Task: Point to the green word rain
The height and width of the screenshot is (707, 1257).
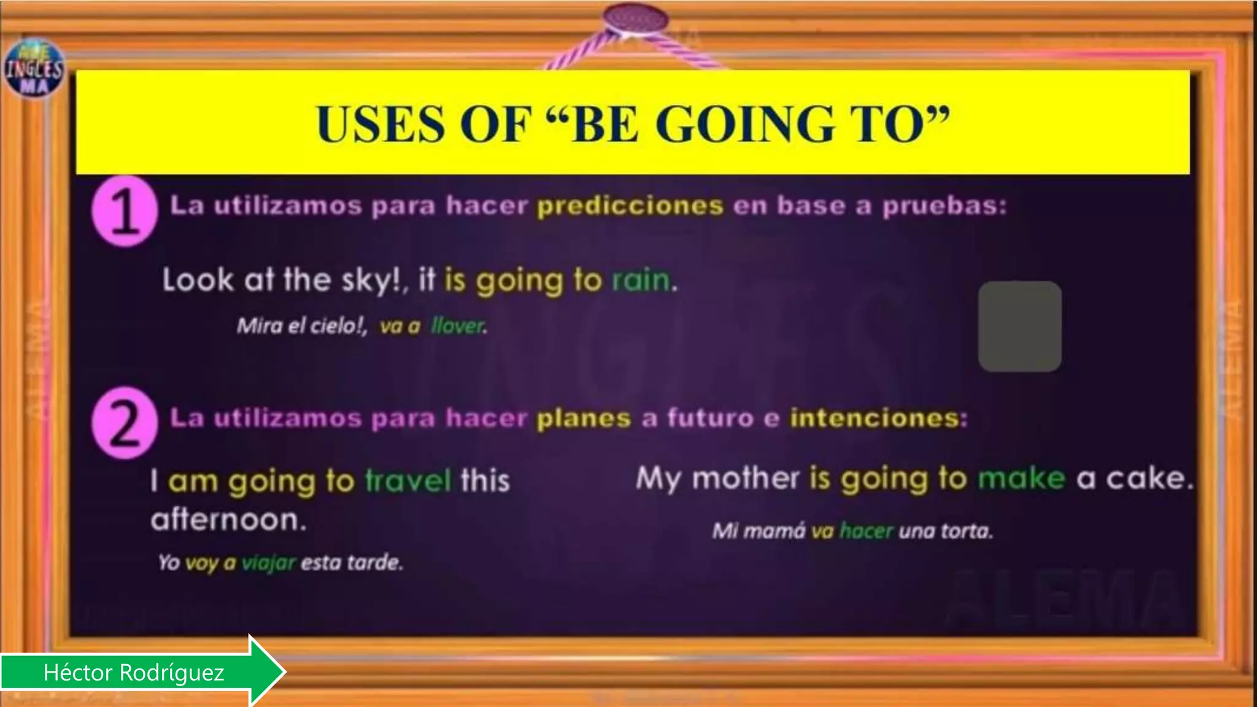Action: point(641,280)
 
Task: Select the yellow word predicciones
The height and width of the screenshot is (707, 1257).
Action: point(630,206)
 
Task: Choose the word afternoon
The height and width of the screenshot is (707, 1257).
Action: point(228,520)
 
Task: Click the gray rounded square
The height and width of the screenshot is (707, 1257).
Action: point(1019,326)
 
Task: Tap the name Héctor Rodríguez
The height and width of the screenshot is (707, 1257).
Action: point(134,673)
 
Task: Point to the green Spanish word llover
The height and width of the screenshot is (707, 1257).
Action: point(457,326)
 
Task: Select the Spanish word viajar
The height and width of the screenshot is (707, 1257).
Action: point(269,562)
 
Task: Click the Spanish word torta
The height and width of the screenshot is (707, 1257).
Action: point(968,530)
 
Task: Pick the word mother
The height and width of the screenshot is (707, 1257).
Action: point(745,478)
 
